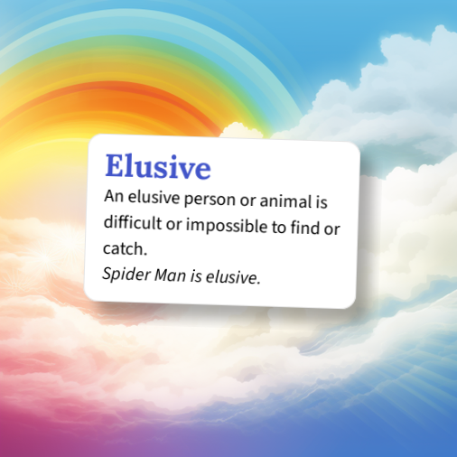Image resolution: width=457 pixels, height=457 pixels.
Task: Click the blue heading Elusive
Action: pyautogui.click(x=158, y=167)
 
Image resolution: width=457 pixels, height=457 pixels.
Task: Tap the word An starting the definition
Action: pyautogui.click(x=113, y=196)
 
